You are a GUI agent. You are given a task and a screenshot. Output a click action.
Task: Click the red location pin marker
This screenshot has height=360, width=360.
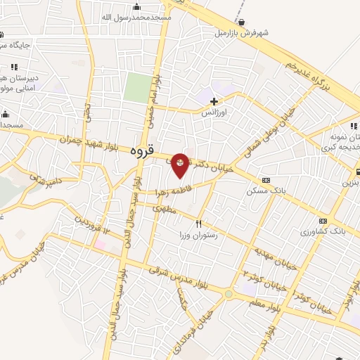tap(181, 165)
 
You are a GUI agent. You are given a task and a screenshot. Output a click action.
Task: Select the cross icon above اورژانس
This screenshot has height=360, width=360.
tap(214, 102)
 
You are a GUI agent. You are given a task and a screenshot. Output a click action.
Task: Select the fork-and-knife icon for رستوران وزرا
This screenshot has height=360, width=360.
tap(198, 224)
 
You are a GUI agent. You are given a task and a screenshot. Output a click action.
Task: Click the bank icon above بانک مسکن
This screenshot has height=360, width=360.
tap(264, 180)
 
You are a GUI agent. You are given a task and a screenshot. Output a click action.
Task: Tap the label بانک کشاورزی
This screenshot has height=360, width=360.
tap(323, 231)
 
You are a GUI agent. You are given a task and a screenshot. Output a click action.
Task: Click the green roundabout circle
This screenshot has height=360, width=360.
tap(229, 294)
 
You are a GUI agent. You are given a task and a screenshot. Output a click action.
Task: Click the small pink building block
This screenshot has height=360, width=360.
tap(101, 245)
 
